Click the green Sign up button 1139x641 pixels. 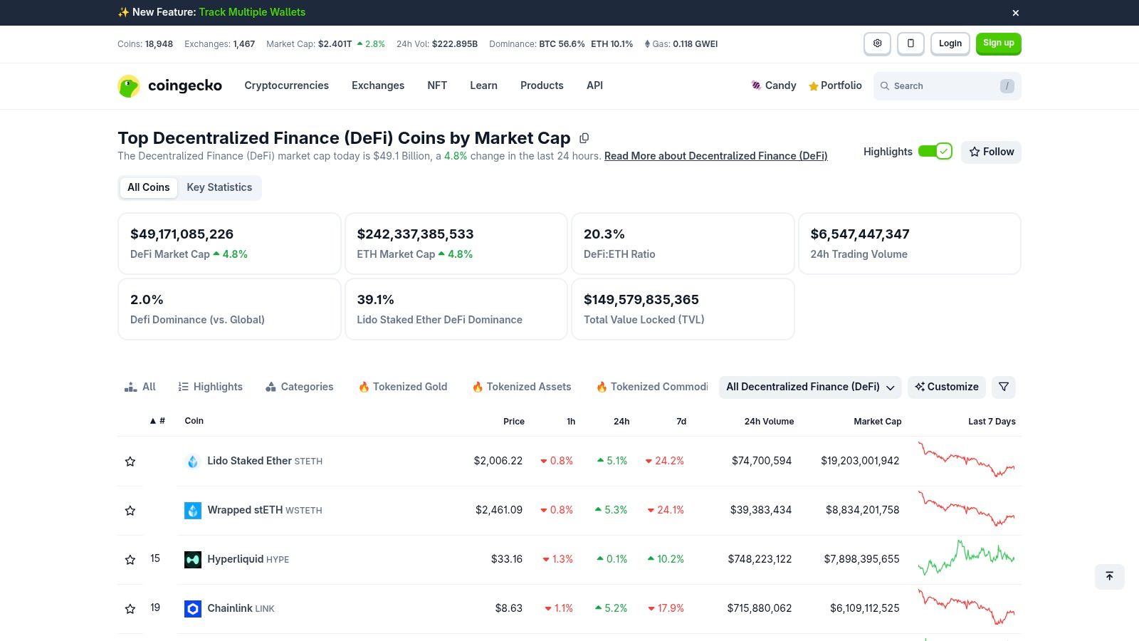998,43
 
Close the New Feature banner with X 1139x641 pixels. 1016,13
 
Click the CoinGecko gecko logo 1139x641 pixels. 129,86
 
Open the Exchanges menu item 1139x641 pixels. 377,85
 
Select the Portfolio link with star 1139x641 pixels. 835,85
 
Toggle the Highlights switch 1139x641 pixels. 935,152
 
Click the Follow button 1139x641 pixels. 991,152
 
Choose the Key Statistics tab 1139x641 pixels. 219,187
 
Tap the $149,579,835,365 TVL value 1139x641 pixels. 641,300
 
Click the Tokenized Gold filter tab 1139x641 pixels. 403,387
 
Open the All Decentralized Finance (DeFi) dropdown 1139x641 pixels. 810,387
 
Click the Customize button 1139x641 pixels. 946,387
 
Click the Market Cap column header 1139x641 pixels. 877,422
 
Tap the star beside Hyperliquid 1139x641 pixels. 130,560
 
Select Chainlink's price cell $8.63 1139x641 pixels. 508,608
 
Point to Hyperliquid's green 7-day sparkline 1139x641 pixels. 966,558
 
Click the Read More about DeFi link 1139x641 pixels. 715,156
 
